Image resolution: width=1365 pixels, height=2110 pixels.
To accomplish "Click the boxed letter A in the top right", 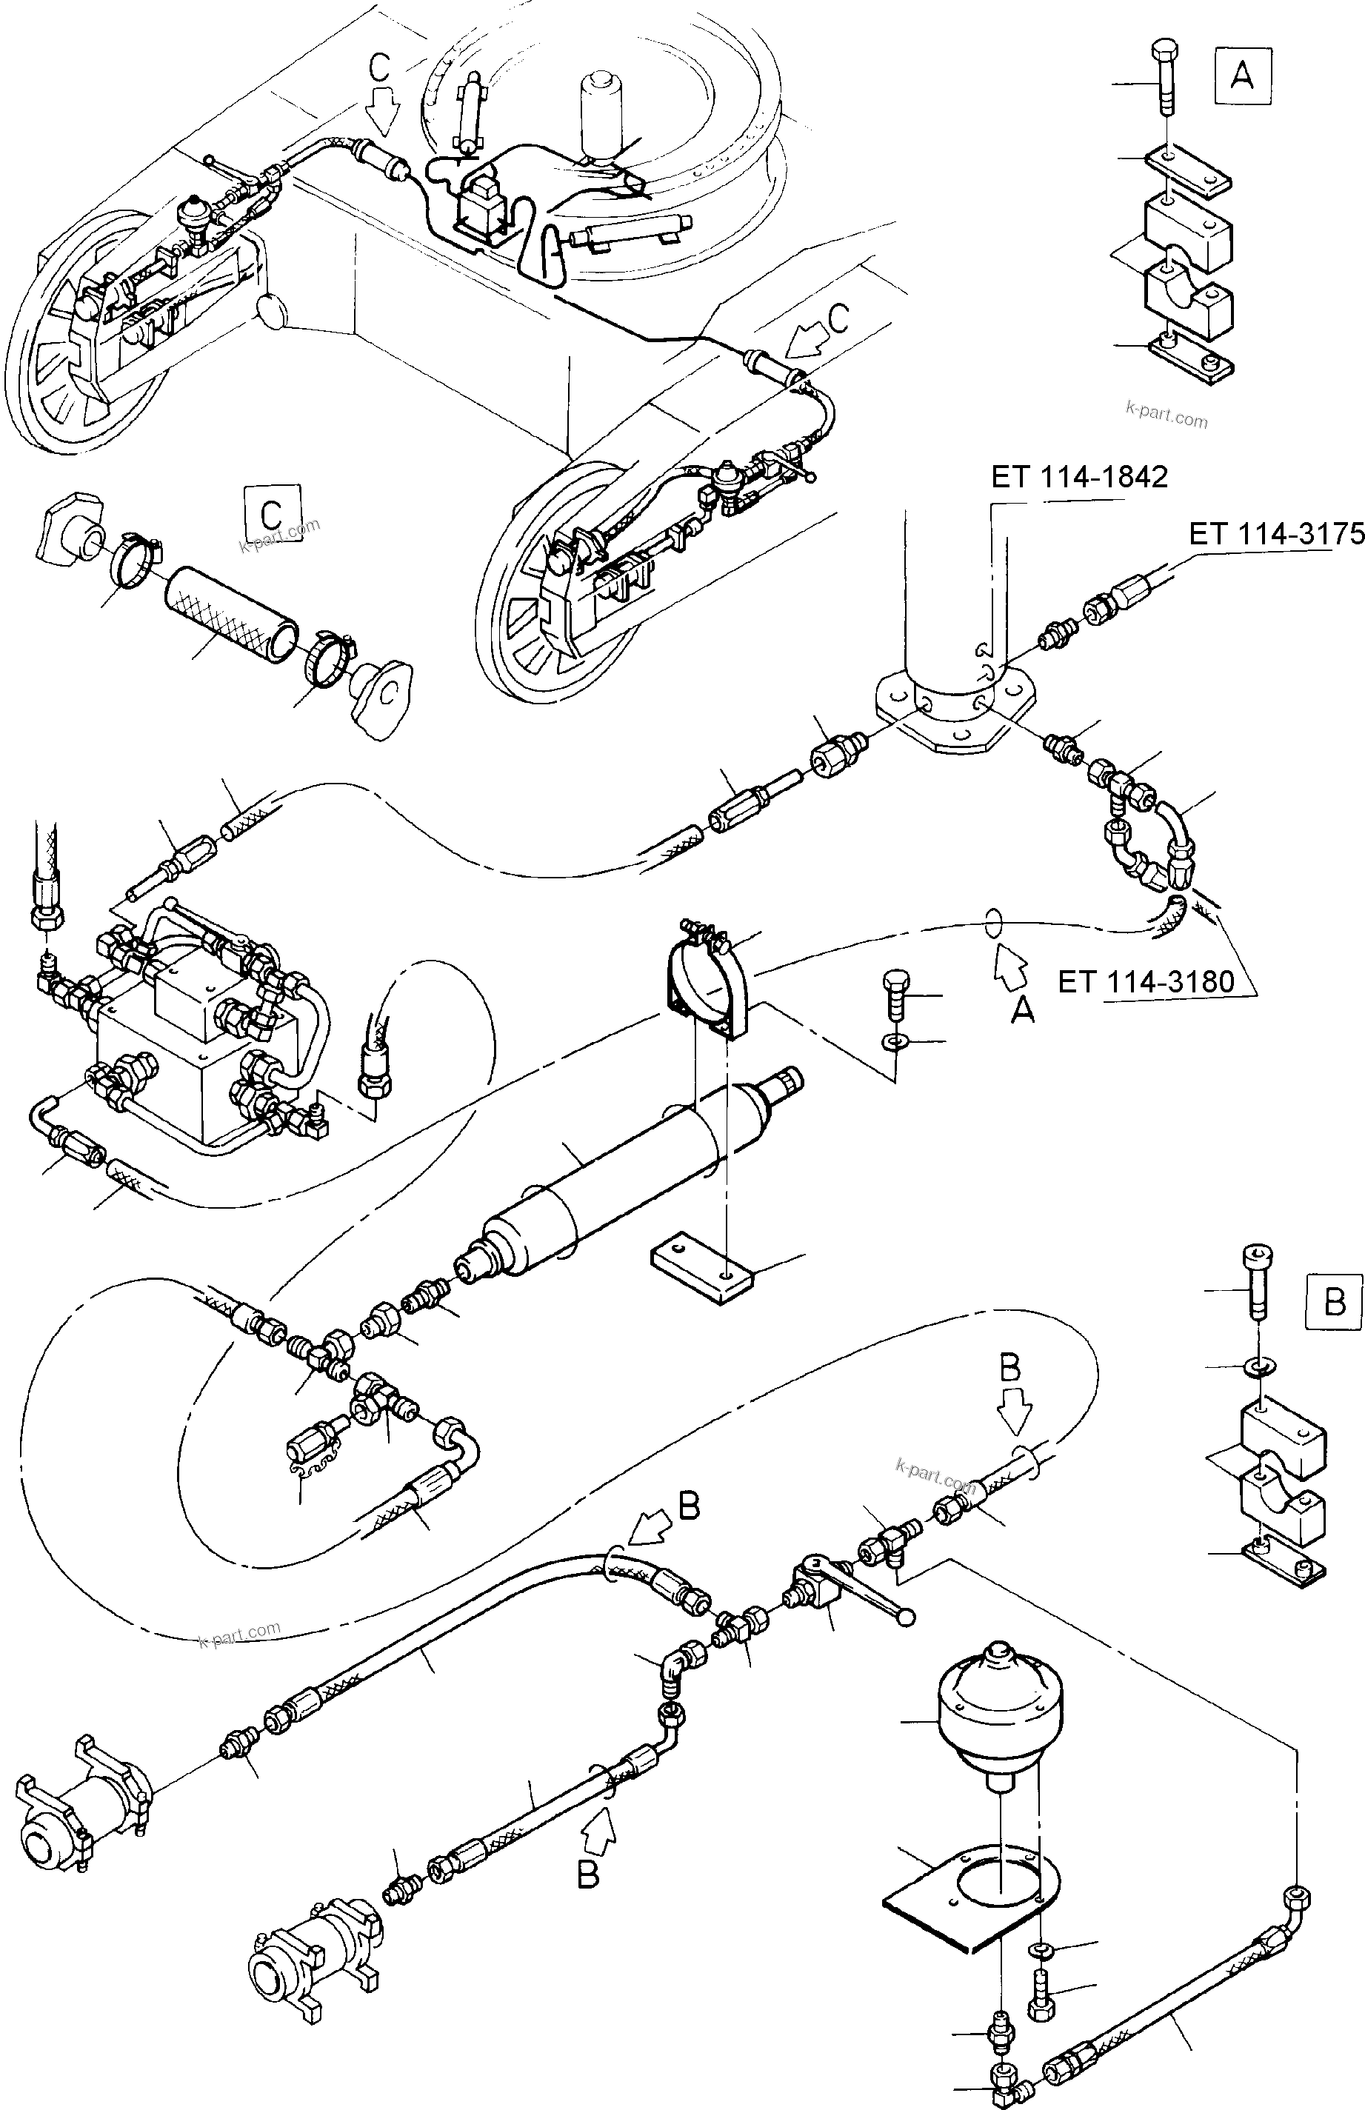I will click(1243, 77).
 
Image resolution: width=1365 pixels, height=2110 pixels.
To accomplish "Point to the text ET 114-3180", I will click(1145, 982).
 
